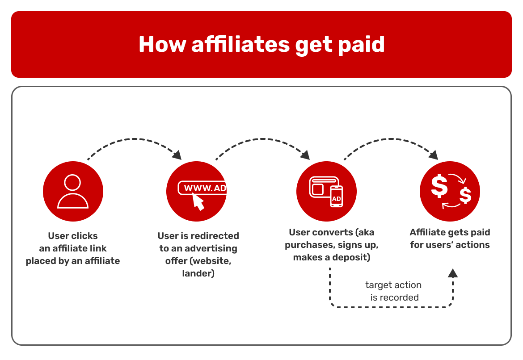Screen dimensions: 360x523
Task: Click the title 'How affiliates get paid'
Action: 261,44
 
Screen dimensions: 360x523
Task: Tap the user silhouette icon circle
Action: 73,191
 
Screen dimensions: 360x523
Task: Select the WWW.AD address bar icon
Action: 203,188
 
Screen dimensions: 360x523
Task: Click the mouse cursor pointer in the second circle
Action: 198,202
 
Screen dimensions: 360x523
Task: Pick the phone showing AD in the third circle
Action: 336,197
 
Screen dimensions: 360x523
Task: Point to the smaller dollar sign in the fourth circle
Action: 465,195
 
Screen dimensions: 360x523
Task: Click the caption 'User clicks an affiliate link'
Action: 73,248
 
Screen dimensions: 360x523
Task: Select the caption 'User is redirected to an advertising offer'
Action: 198,254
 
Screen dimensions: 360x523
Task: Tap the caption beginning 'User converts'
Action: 331,245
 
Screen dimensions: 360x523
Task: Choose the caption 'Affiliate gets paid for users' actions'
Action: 450,239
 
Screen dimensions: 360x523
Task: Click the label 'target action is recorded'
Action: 394,291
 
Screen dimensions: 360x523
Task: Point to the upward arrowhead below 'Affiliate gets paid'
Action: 453,273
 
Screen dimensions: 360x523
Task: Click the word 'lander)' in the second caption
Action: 198,273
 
